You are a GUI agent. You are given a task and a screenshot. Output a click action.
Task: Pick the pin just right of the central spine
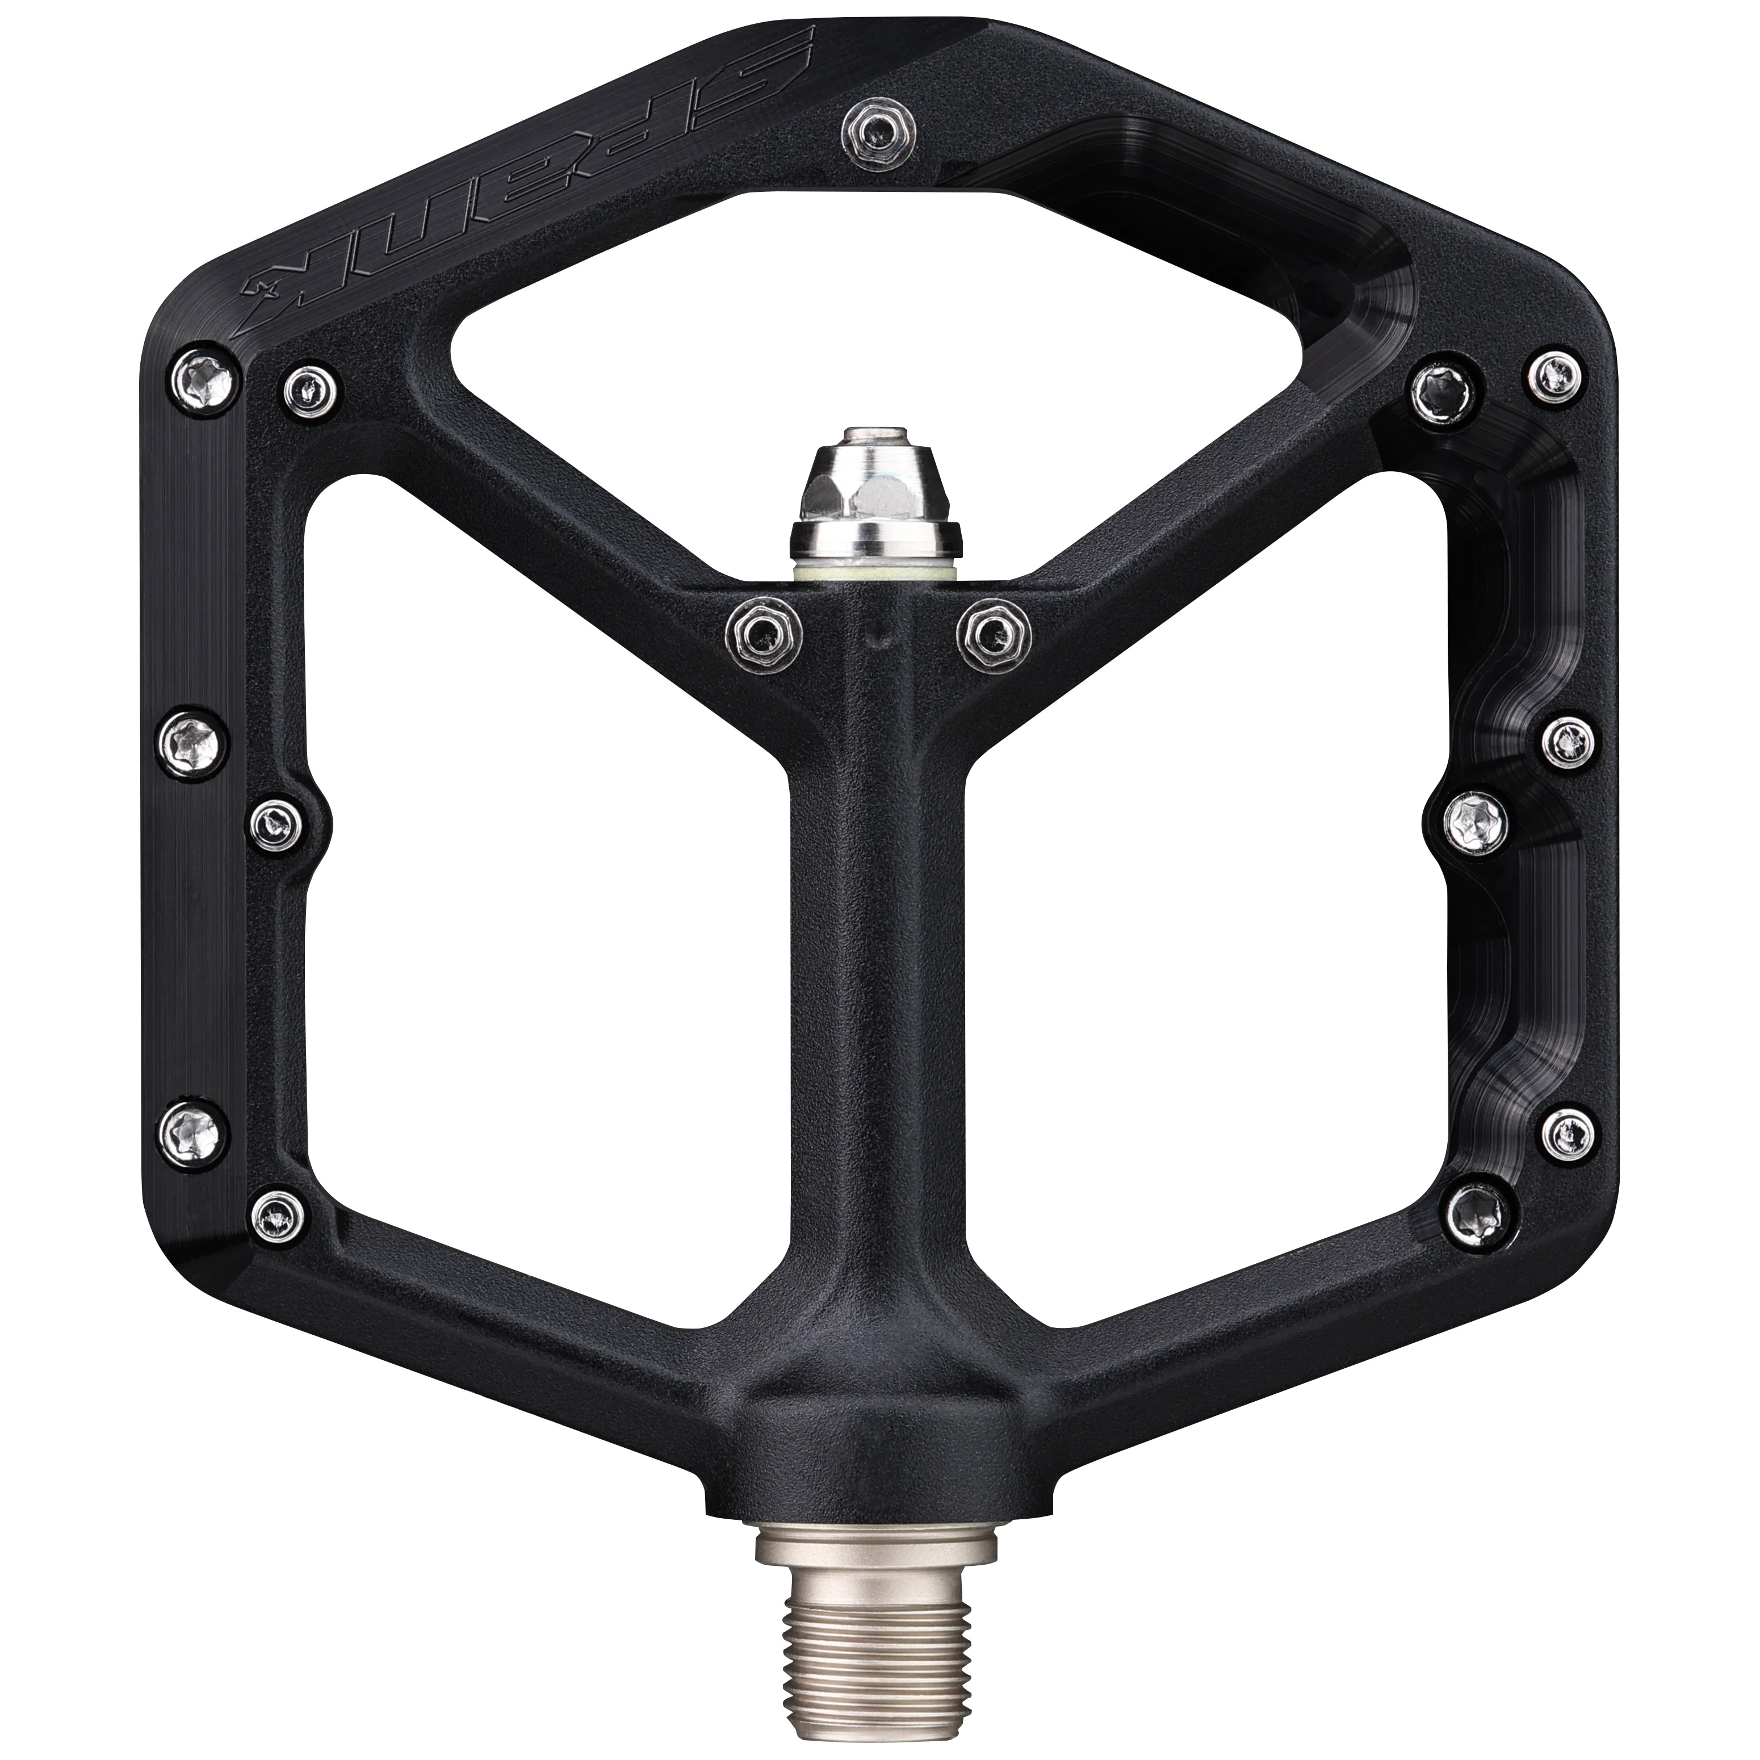tap(994, 630)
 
